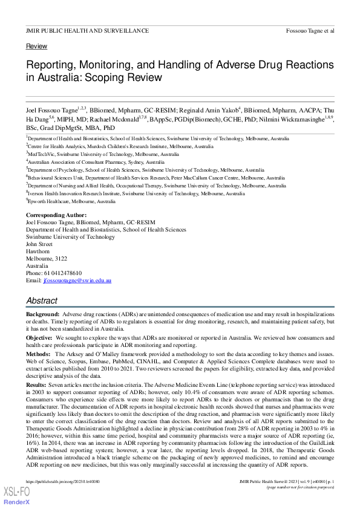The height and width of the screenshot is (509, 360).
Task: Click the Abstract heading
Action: click(42, 300)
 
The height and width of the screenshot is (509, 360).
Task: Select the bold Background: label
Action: click(42, 316)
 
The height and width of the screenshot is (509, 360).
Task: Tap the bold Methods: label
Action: click(38, 352)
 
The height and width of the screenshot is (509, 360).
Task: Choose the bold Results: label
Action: click(36, 384)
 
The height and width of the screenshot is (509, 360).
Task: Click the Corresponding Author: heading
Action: click(56, 215)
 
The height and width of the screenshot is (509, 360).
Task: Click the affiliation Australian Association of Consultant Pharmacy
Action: click(95, 162)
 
